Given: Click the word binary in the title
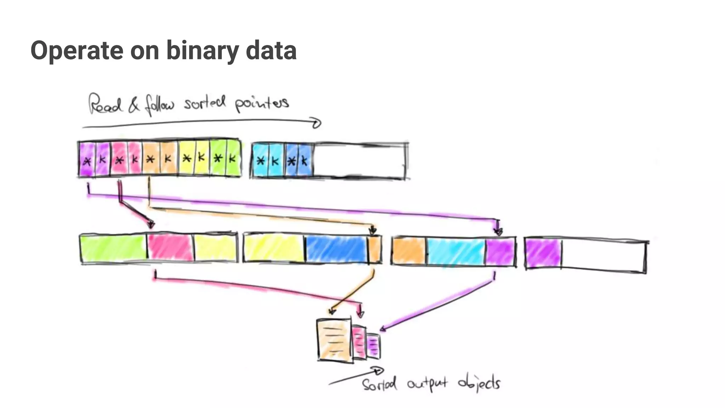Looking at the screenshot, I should (202, 50).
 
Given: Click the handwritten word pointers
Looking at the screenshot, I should (262, 103).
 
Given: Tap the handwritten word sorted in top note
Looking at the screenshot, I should (204, 103).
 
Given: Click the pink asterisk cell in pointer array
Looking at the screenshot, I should (119, 160).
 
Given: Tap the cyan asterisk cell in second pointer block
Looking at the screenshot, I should (261, 160).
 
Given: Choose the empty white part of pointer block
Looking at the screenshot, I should (359, 161).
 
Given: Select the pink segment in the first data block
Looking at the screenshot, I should (170, 248).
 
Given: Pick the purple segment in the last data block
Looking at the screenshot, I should (543, 254).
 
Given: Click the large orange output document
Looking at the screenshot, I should (334, 340).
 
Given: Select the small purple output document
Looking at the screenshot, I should (373, 346).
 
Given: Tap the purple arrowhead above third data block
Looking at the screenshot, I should (498, 232).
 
